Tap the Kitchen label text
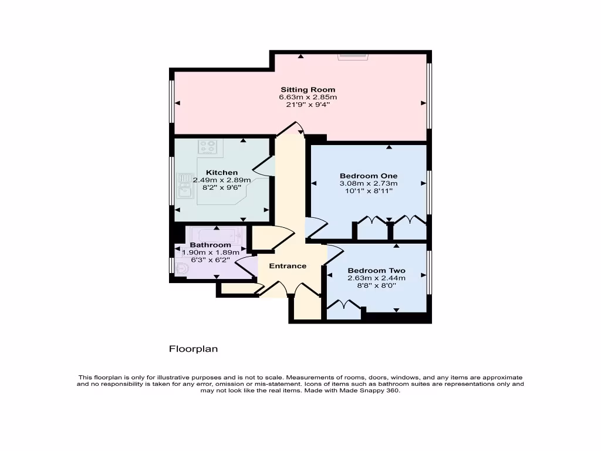coord(222,173)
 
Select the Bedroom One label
coord(369,176)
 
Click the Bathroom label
coord(210,245)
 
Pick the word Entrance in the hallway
coord(288,266)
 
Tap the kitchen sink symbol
coord(186,186)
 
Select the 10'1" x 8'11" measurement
coord(369,191)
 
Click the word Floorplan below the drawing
coord(194,349)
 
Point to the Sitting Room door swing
coord(291,128)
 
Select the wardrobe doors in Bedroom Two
coord(343,305)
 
